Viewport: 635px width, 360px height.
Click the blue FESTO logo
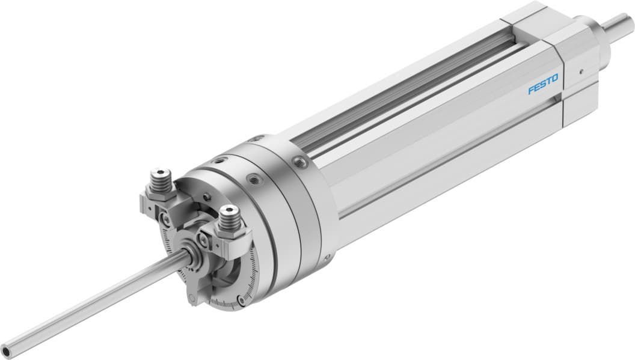click(543, 84)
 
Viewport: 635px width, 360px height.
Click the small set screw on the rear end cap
click(581, 70)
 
